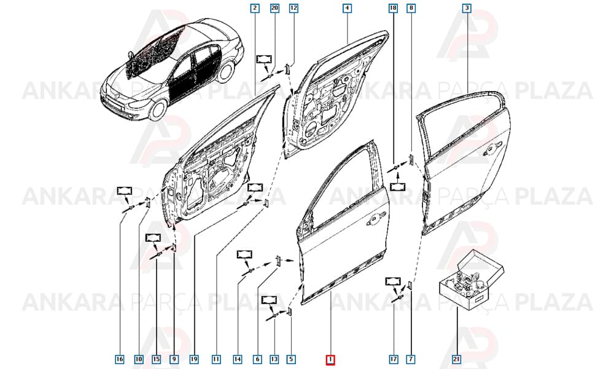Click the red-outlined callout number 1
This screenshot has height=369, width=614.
click(330, 360)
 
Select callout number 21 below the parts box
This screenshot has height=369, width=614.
click(457, 359)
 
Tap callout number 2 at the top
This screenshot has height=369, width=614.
click(255, 8)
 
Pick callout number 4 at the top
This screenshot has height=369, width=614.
click(347, 8)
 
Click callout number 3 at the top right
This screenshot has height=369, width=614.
click(467, 8)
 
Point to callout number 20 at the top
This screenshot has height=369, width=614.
click(275, 8)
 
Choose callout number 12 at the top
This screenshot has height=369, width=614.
click(293, 8)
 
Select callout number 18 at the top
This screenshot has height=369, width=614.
click(393, 8)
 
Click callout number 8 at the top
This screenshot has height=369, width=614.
click(410, 8)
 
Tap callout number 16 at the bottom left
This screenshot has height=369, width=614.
click(120, 359)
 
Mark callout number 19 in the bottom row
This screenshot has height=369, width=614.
click(194, 359)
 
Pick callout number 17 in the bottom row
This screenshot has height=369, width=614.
click(394, 359)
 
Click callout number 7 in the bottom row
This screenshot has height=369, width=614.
click(411, 359)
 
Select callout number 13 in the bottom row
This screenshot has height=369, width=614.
click(274, 359)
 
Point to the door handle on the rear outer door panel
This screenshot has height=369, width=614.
click(492, 147)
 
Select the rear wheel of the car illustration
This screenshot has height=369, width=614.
click(227, 72)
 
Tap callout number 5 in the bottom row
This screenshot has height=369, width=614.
click(291, 359)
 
